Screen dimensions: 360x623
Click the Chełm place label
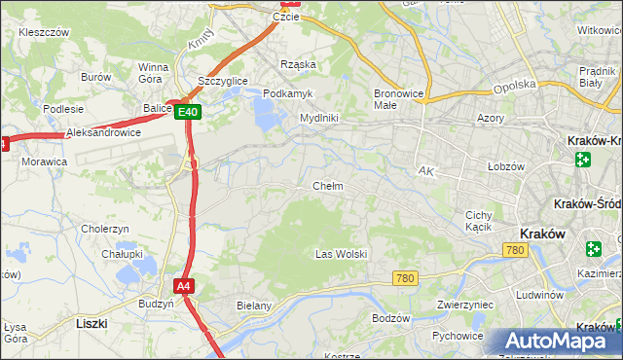(327, 186)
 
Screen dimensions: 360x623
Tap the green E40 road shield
(189, 113)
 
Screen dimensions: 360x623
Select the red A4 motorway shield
(183, 286)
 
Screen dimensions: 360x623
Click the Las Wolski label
(341, 254)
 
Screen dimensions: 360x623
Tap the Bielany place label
(253, 306)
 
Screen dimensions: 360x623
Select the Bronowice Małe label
(397, 100)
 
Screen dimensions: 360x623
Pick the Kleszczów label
(44, 32)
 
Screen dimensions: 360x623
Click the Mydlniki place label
(318, 118)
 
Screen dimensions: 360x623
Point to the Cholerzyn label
(105, 229)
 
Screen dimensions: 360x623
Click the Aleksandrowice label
(103, 132)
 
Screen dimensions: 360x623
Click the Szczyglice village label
(222, 81)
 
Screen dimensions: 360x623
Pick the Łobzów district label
(506, 166)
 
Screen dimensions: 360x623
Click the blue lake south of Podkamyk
(265, 115)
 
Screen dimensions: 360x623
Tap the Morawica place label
(44, 161)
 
